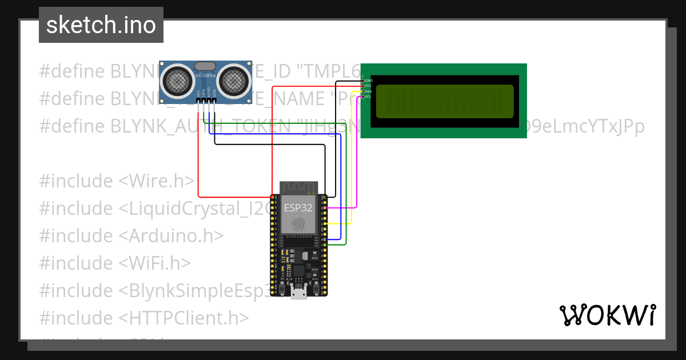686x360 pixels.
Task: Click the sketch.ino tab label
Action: point(101,25)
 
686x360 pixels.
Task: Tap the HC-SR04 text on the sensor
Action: point(206,75)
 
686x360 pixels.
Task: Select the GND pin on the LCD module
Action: point(363,81)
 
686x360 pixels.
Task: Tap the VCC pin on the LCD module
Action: point(363,86)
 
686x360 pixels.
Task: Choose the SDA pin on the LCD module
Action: point(363,91)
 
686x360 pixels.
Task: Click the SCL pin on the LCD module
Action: point(363,97)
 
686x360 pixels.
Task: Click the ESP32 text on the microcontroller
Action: point(298,207)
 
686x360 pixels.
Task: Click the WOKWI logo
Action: point(607,315)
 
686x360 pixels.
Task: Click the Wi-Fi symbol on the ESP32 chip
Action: point(298,225)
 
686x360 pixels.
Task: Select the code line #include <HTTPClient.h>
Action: point(144,318)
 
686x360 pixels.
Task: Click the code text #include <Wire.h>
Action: point(117,181)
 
